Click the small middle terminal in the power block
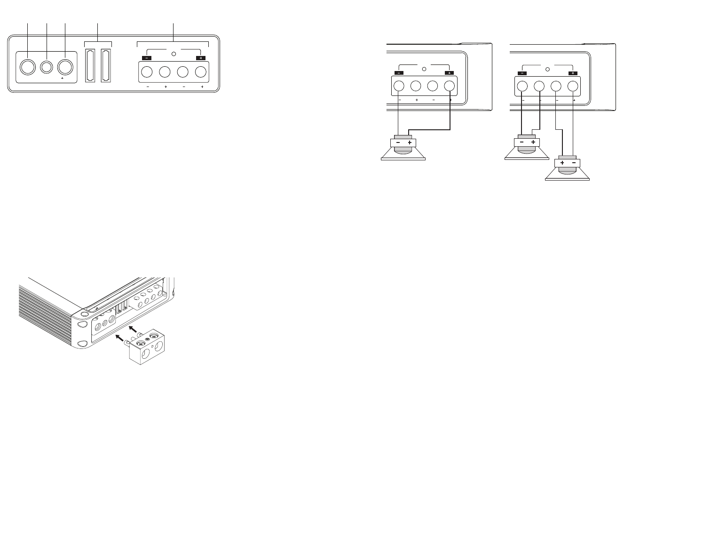[46, 67]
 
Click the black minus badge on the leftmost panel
[146, 58]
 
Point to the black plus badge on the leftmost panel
[201, 58]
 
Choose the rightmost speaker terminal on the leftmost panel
[201, 72]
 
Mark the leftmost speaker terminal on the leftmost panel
[146, 72]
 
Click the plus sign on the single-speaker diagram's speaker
[410, 142]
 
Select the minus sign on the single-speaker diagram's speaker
[398, 142]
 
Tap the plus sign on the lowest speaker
[562, 163]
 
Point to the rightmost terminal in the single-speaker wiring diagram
[450, 87]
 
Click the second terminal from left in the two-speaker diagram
[539, 87]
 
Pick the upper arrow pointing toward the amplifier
[134, 328]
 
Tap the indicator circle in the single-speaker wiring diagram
[424, 69]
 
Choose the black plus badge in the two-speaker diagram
[573, 73]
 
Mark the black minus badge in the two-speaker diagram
[522, 73]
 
